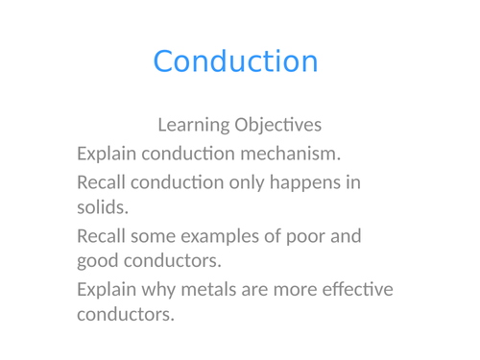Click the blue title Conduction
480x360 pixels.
tap(235, 61)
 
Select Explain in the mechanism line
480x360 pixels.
tap(108, 154)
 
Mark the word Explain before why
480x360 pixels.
tap(108, 290)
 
